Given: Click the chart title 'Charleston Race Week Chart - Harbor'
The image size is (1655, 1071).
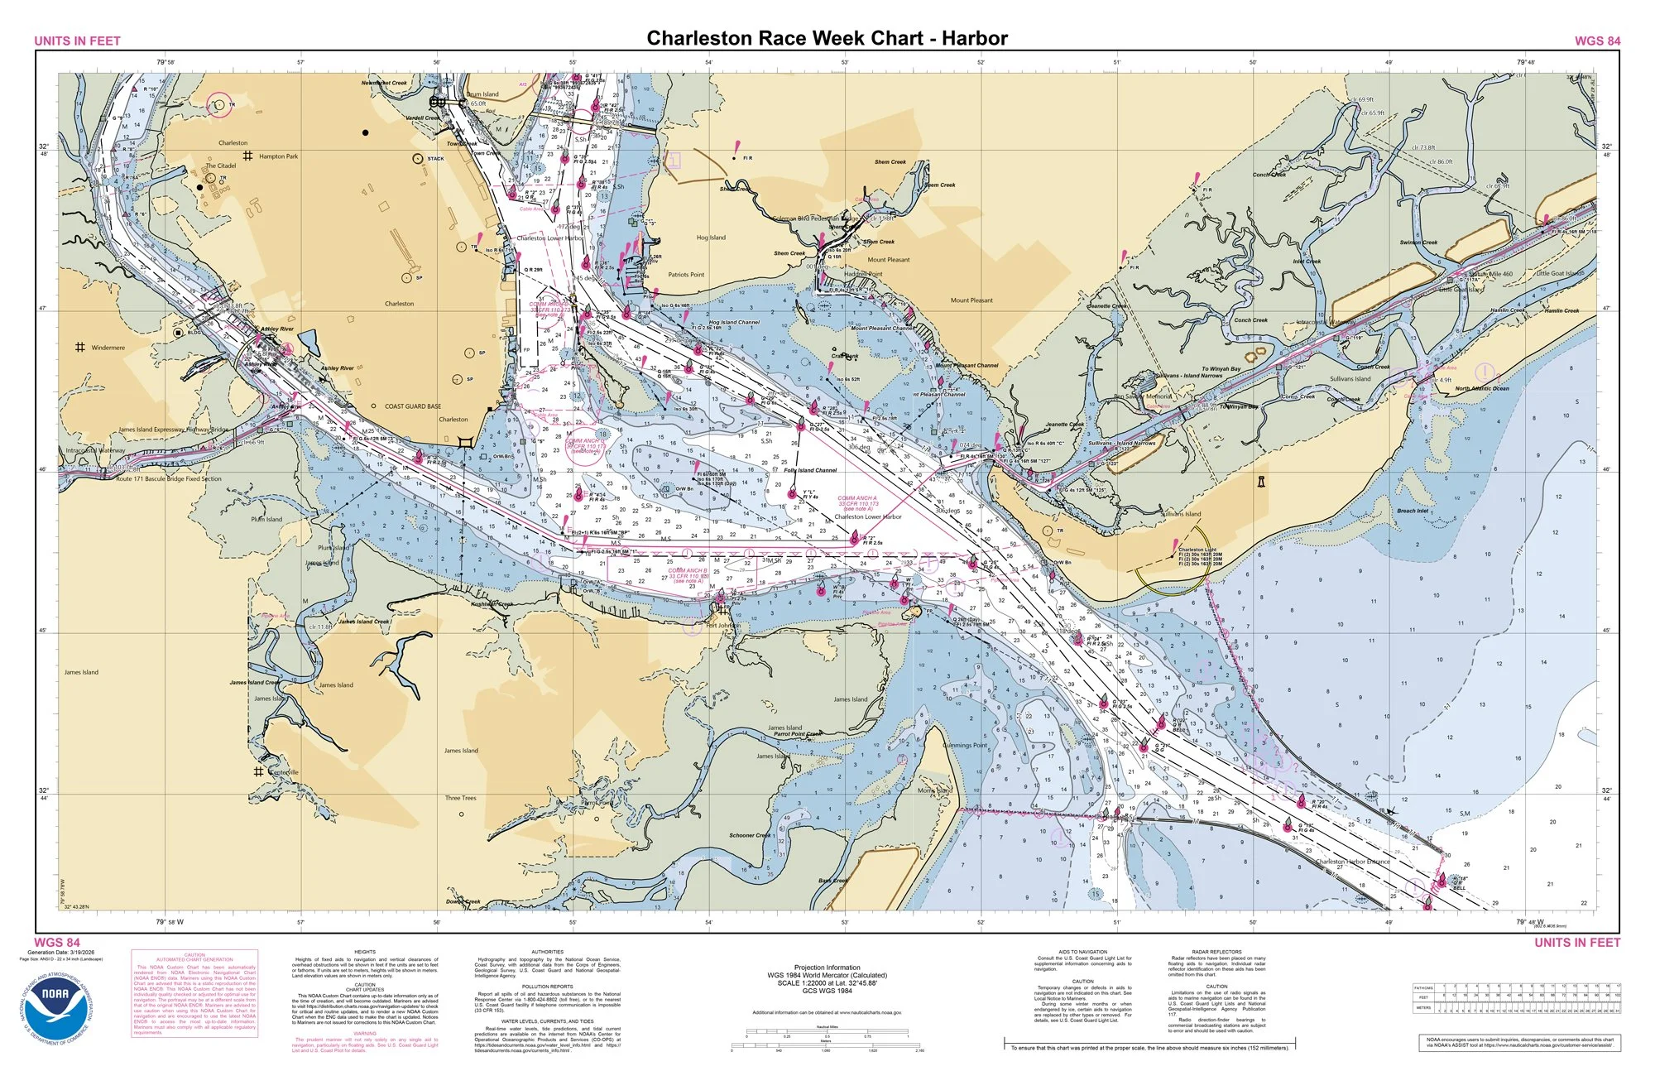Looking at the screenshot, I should (827, 38).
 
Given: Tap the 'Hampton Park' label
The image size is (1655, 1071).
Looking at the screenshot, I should (278, 156).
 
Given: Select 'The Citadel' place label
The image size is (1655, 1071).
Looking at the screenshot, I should (220, 166).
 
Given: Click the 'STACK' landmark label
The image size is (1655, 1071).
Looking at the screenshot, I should (435, 159).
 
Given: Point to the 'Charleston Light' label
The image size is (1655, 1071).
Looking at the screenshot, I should (1197, 550).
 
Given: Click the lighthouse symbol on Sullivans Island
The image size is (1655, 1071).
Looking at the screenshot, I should (1262, 481).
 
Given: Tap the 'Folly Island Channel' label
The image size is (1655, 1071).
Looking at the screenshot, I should (810, 470).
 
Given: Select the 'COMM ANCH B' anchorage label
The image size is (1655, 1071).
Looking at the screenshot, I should (688, 570).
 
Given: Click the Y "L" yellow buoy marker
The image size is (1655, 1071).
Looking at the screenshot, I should (793, 494).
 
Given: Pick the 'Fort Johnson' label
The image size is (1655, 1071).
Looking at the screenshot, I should (722, 626).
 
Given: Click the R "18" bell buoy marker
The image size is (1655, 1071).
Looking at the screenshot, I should (1442, 882).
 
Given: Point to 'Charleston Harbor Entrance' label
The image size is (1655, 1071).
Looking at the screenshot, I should (1352, 862).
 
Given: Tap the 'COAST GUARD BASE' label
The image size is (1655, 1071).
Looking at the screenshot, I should (413, 406).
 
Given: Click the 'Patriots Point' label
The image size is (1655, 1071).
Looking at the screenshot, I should (686, 275).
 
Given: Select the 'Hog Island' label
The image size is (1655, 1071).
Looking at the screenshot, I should (710, 238).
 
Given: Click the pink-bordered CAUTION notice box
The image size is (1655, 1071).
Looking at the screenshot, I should (194, 994).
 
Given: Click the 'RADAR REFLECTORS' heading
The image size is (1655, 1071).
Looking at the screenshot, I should (1216, 953).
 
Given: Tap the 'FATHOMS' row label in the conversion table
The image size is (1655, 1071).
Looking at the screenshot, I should (1423, 987).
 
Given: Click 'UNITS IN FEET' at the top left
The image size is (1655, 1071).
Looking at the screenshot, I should (77, 41).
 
